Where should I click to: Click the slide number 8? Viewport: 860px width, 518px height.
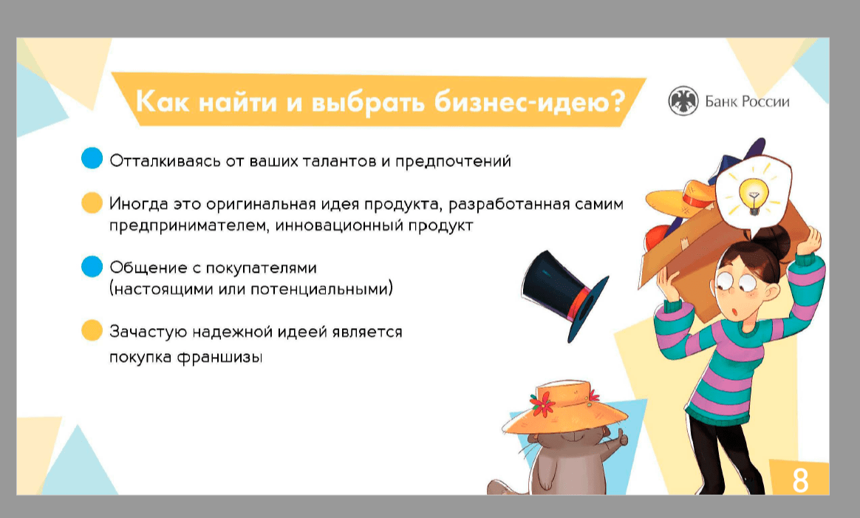[800, 480]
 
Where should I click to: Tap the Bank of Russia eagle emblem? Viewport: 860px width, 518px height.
[683, 101]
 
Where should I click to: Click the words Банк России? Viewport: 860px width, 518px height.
[747, 101]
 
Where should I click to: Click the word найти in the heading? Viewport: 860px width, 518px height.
[238, 101]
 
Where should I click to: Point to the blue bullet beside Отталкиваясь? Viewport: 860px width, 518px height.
[92, 158]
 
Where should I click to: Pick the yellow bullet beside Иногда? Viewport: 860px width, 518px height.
[92, 202]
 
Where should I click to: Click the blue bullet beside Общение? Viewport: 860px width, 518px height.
[92, 266]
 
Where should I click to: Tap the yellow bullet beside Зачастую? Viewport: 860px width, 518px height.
[92, 330]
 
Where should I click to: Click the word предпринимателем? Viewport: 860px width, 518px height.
[188, 226]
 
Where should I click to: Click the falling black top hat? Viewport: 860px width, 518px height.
[564, 293]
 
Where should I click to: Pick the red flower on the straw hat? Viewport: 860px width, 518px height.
[542, 405]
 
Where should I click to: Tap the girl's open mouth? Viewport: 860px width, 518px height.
[734, 313]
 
